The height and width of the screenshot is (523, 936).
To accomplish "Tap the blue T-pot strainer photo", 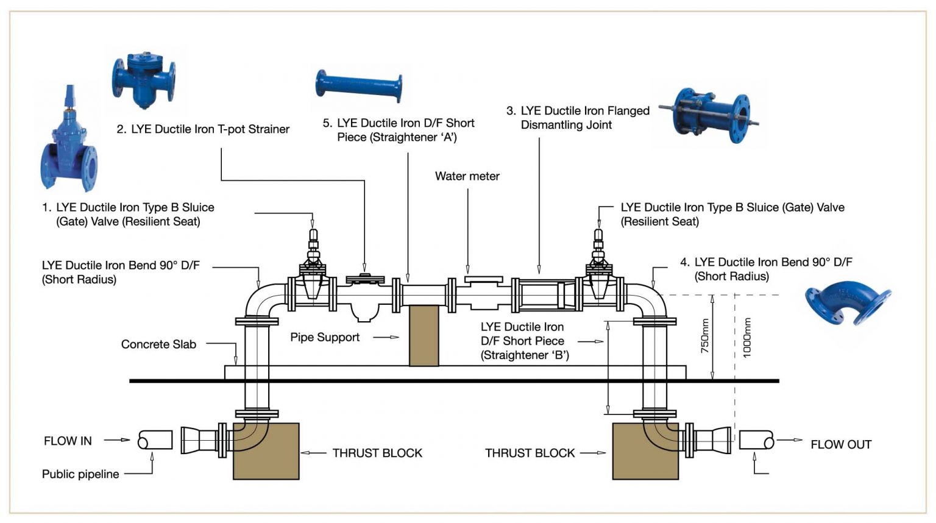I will click(x=144, y=79).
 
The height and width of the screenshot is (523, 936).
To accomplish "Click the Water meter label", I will click(x=467, y=176).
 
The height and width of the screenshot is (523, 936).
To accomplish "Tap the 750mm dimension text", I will click(x=704, y=336).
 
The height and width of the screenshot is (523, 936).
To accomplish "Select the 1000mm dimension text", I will click(x=747, y=337).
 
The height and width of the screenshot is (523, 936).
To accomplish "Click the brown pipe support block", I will click(x=424, y=335).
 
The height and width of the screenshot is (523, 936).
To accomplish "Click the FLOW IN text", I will click(x=68, y=441).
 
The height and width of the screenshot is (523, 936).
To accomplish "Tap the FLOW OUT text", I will click(x=840, y=444).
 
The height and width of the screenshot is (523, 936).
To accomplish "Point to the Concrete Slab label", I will click(x=158, y=344).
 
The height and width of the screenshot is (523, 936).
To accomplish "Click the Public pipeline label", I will click(x=80, y=474).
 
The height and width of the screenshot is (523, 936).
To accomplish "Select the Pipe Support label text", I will click(x=325, y=337).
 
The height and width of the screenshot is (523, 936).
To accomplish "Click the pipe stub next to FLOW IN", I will click(x=155, y=439).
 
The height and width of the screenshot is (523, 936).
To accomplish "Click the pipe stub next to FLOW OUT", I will click(x=756, y=439).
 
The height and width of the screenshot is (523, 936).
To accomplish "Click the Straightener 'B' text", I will click(x=525, y=355).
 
